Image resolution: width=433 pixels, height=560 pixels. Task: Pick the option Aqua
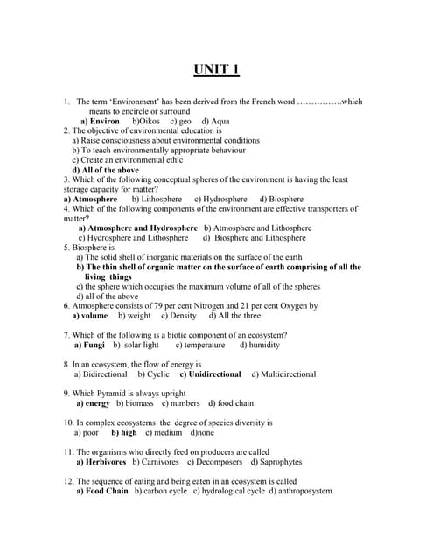(x=219, y=121)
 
